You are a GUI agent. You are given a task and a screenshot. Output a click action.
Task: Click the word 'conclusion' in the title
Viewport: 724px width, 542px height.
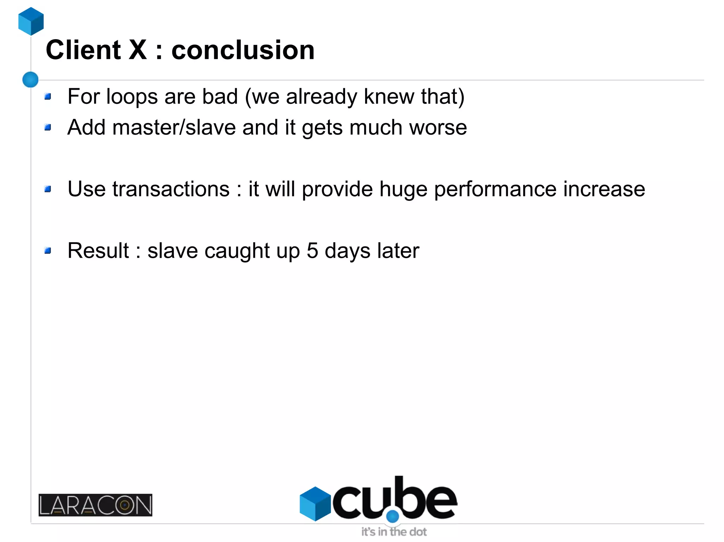coord(243,50)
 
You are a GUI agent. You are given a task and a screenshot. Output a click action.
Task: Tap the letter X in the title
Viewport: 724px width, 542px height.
coord(138,50)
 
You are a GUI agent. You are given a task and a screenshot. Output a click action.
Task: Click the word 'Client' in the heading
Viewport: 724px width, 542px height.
coord(83,50)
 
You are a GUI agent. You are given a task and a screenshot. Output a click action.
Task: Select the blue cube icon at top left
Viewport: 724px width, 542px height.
coord(31,21)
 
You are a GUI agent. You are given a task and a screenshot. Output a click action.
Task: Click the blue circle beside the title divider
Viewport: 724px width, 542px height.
coord(30,79)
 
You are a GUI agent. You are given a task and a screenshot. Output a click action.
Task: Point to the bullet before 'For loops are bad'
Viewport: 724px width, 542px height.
coord(48,96)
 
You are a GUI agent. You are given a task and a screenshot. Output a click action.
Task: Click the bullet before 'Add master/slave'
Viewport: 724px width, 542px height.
coord(48,127)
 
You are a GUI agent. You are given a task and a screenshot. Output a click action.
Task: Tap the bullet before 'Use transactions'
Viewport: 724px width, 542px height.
coord(48,189)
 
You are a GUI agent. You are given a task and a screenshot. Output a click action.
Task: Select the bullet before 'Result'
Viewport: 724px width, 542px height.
coord(48,251)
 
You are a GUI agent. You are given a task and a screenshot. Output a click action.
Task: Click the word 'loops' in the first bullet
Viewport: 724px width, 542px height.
coord(132,96)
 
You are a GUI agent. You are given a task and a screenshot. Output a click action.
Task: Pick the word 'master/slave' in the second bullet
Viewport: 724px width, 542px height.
coord(174,127)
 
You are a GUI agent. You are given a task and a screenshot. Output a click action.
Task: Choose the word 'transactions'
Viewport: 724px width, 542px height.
coord(171,189)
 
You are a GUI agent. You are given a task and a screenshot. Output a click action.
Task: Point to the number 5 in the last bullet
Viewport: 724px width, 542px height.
coord(313,251)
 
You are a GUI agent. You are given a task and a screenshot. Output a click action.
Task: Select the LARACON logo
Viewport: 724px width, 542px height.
coord(95,505)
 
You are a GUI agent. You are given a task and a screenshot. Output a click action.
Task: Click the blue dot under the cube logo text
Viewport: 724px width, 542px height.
coord(392,517)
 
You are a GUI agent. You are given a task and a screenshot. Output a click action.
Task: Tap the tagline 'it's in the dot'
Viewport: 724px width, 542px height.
coord(394,532)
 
